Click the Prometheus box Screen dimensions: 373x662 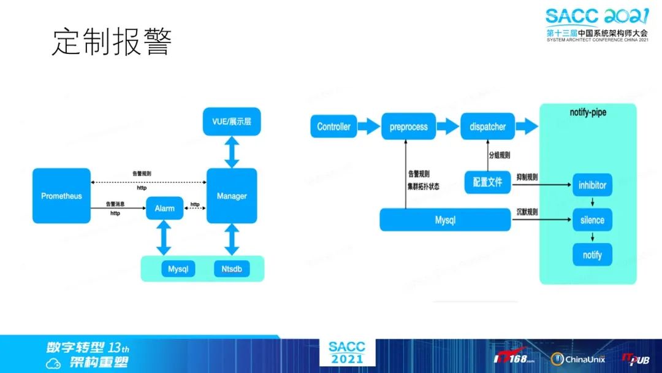point(61,196)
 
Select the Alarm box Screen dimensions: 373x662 point(164,208)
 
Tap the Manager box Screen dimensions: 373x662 point(232,196)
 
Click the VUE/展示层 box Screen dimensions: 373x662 point(231,122)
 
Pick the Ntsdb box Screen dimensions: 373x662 point(232,269)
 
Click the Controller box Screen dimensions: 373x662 point(333,127)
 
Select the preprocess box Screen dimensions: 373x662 point(408,127)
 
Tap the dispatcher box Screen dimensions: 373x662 point(487,127)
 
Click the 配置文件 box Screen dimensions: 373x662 point(487,182)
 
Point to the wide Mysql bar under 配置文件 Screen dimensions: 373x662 point(445,220)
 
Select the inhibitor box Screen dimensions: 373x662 point(592,185)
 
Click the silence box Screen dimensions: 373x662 point(592,220)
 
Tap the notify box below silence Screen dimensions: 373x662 point(592,255)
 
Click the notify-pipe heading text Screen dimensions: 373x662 point(588,113)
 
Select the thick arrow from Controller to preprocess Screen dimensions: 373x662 point(368,127)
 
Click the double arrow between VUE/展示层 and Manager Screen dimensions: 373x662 point(232,153)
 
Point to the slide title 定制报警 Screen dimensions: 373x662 point(110,42)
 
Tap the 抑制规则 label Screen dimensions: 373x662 point(527,177)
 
